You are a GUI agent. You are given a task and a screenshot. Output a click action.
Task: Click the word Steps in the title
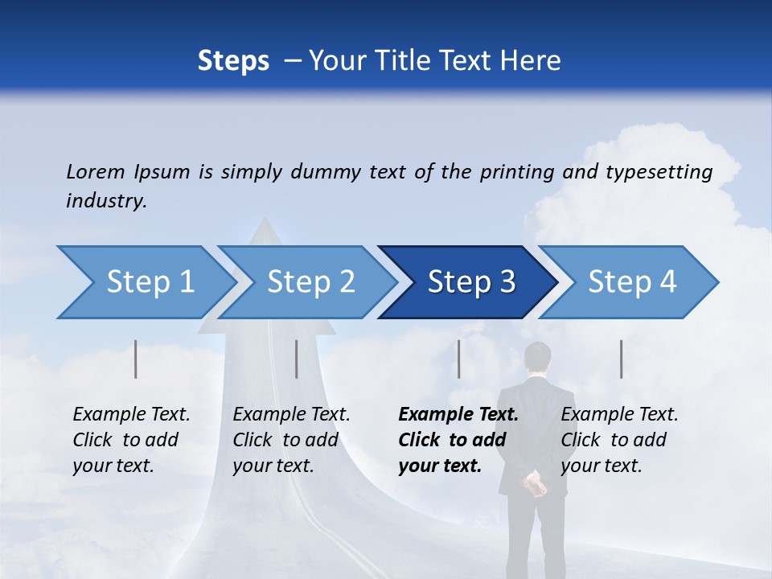(233, 60)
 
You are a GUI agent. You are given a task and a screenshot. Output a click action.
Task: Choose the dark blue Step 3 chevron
(471, 282)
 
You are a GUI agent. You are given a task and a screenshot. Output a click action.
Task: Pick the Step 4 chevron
(632, 282)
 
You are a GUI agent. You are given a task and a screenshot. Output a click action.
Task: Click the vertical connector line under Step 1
(136, 359)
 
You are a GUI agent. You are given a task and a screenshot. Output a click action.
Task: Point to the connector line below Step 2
(297, 359)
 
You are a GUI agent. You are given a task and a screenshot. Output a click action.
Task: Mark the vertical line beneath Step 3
(458, 359)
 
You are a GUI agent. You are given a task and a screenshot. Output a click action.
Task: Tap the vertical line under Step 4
(621, 359)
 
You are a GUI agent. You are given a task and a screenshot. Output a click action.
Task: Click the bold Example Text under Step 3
(458, 415)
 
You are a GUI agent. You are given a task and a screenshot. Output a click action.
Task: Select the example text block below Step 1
(131, 440)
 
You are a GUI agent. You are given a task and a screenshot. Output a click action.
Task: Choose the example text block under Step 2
(291, 440)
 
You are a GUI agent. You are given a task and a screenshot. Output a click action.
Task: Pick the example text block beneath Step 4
(619, 440)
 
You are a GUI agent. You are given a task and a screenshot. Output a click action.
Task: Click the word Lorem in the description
(96, 171)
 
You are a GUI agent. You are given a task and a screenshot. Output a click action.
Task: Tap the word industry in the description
(105, 201)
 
